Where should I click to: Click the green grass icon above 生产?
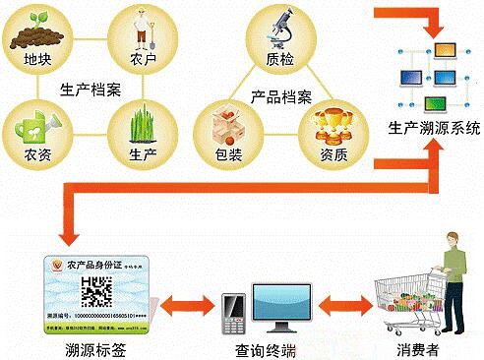[148, 123]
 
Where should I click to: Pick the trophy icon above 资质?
[333, 124]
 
